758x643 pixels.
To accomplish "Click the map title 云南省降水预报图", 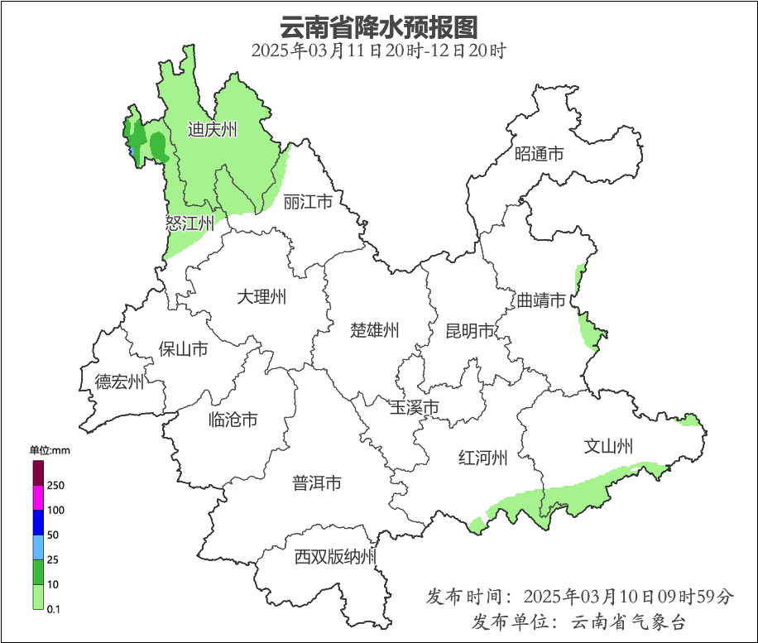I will [x=379, y=26].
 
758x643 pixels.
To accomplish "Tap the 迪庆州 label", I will [x=213, y=130].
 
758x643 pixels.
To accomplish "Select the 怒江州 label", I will [x=189, y=223].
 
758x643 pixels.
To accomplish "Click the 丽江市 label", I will [x=308, y=202].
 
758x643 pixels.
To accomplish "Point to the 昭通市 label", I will [x=539, y=154].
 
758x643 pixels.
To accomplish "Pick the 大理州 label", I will [x=261, y=296].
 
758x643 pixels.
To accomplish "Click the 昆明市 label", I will [x=470, y=331].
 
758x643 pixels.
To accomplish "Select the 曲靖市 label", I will [x=541, y=300].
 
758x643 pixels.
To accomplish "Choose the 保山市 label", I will [x=184, y=349].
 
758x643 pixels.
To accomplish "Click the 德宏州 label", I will [x=119, y=381].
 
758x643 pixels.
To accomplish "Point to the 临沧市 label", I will [x=233, y=420].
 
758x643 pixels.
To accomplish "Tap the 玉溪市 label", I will [x=415, y=408].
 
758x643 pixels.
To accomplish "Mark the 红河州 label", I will [x=483, y=458].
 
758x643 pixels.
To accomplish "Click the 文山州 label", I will [x=608, y=447].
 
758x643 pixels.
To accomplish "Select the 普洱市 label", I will [x=317, y=483].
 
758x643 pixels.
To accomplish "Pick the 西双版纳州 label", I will [x=335, y=557].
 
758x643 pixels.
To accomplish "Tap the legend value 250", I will [x=56, y=485].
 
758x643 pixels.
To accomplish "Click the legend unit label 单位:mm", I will [x=50, y=450].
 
